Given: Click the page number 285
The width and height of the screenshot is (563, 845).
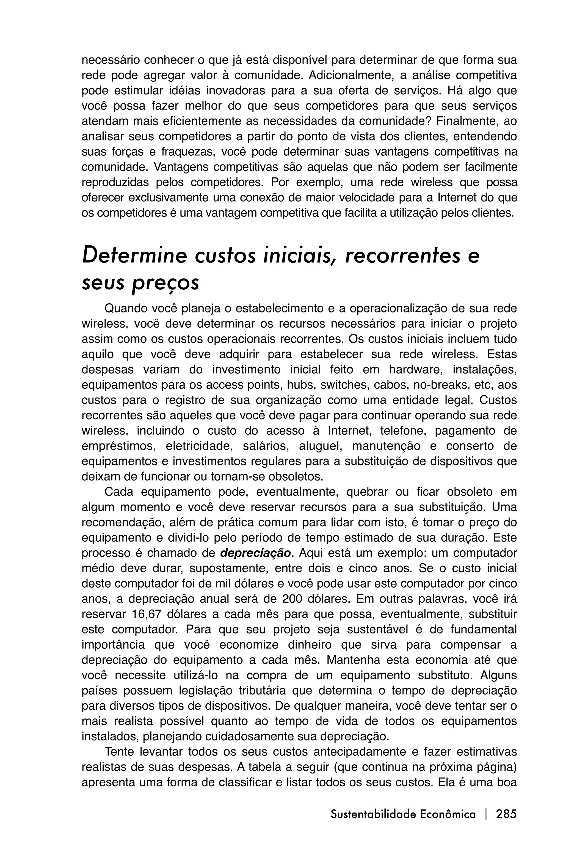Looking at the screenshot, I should coord(506,814).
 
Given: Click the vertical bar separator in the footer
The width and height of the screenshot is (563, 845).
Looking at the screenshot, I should coord(486,814).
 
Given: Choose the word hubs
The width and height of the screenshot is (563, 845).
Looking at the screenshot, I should coord(300,385).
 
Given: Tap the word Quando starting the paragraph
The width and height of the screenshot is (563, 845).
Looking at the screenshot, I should coord(124,308).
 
